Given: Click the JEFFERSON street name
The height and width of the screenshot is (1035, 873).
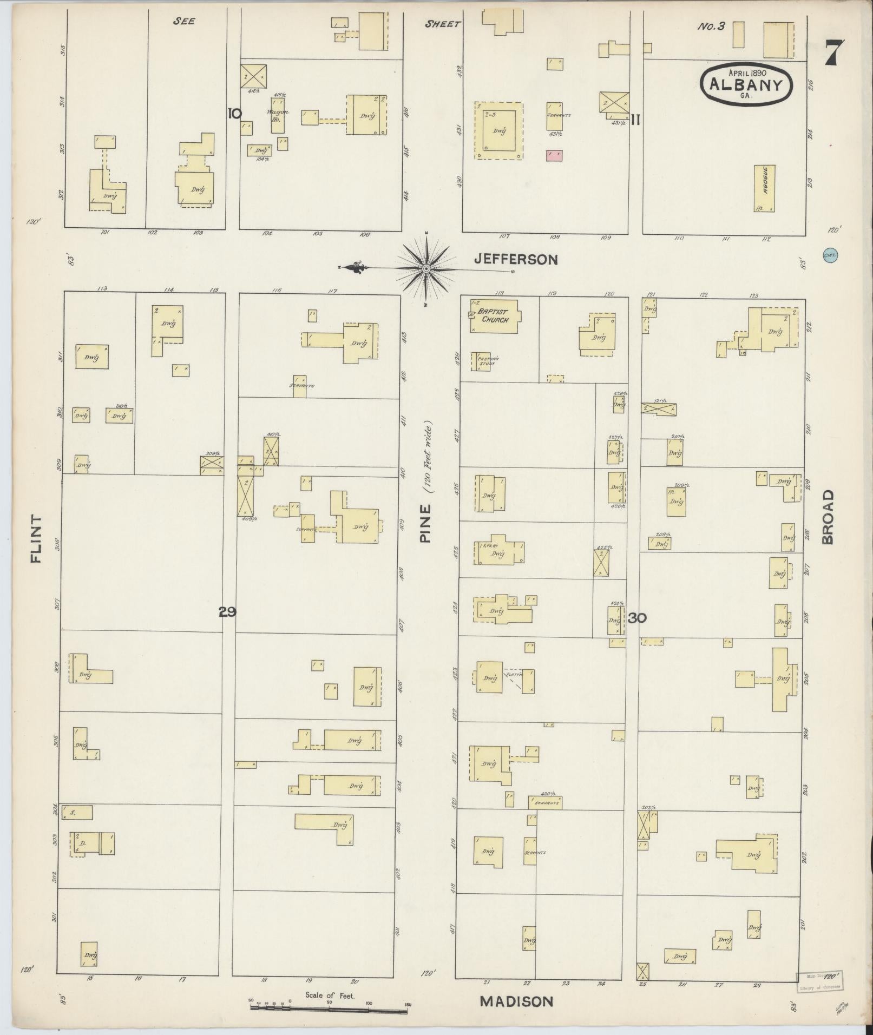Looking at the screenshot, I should point(515,260).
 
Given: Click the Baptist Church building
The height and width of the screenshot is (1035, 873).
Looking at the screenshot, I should point(493,317).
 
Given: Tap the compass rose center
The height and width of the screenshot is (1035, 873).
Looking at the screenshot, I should point(426,268).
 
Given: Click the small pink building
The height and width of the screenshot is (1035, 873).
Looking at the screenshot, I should point(554,155).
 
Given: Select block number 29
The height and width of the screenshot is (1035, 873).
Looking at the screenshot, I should point(227,612).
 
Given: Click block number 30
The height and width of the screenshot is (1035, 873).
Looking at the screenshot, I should point(638,618).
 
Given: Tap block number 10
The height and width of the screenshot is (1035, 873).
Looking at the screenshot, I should point(234,114).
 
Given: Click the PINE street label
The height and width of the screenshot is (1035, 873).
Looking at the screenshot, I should point(425,523).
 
